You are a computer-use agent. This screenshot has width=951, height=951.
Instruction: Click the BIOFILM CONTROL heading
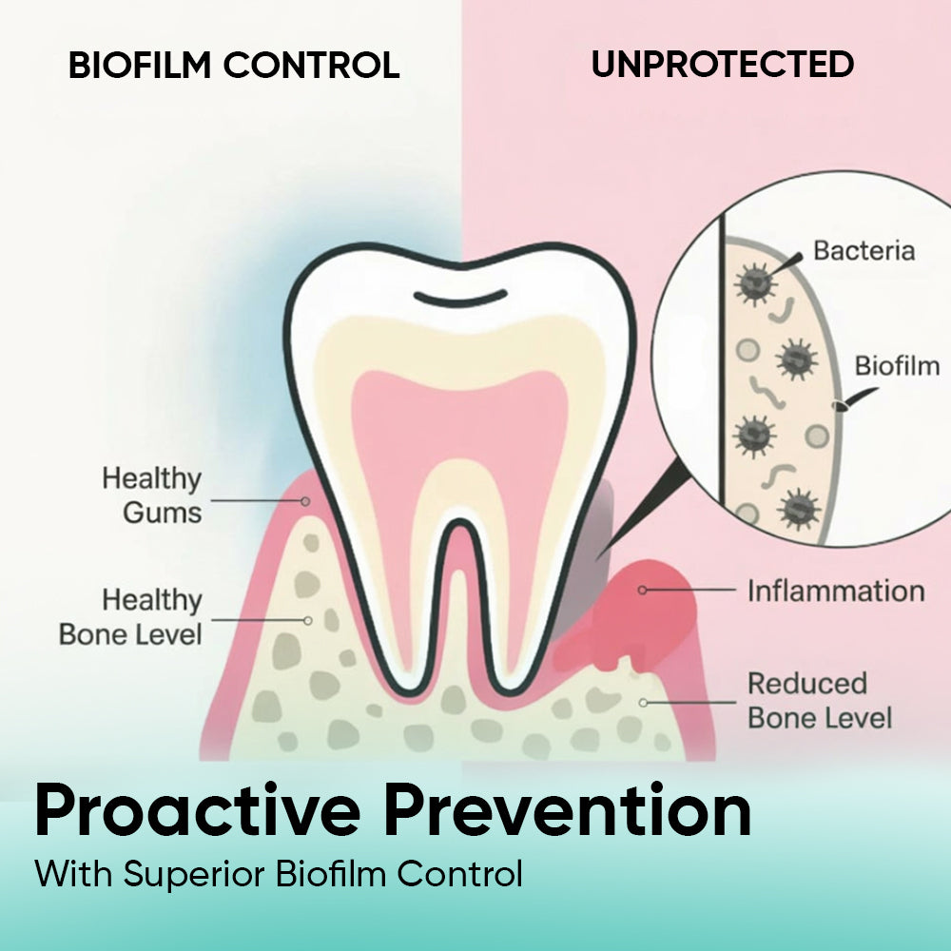pyautogui.click(x=234, y=65)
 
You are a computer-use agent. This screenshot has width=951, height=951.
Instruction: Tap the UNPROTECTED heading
pyautogui.click(x=723, y=64)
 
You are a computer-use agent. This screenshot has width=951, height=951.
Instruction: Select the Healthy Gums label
pyautogui.click(x=151, y=495)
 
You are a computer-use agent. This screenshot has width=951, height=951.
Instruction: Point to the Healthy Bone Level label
pyautogui.click(x=130, y=617)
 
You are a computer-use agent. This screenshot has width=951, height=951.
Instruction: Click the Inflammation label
pyautogui.click(x=836, y=591)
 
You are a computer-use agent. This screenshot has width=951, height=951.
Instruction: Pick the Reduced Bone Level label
pyautogui.click(x=820, y=701)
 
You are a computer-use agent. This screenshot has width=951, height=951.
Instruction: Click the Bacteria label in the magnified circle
pyautogui.click(x=864, y=250)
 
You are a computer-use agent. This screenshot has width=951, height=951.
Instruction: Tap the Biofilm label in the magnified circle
pyautogui.click(x=897, y=366)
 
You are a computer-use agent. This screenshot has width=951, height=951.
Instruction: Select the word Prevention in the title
pyautogui.click(x=568, y=810)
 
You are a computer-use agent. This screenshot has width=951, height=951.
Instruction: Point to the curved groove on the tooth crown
pyautogui.click(x=460, y=299)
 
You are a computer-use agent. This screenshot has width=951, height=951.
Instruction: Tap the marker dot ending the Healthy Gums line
pyautogui.click(x=305, y=501)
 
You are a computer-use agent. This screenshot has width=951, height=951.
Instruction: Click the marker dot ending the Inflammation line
pyautogui.click(x=642, y=590)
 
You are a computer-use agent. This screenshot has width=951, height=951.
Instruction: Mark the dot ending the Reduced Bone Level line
pyautogui.click(x=643, y=703)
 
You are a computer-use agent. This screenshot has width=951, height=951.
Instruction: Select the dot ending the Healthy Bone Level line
pyautogui.click(x=308, y=620)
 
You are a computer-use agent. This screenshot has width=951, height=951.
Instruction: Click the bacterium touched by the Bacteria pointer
pyautogui.click(x=754, y=283)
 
